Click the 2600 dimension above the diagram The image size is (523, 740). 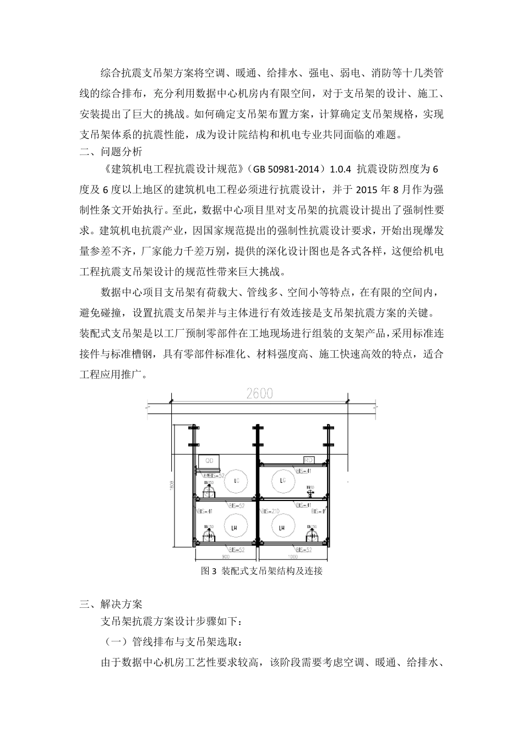pos(259,394)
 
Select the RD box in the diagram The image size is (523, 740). pos(308,460)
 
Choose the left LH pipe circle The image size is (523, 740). pos(225,528)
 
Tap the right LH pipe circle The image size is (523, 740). pos(282,528)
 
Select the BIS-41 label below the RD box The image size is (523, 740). pos(303,471)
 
